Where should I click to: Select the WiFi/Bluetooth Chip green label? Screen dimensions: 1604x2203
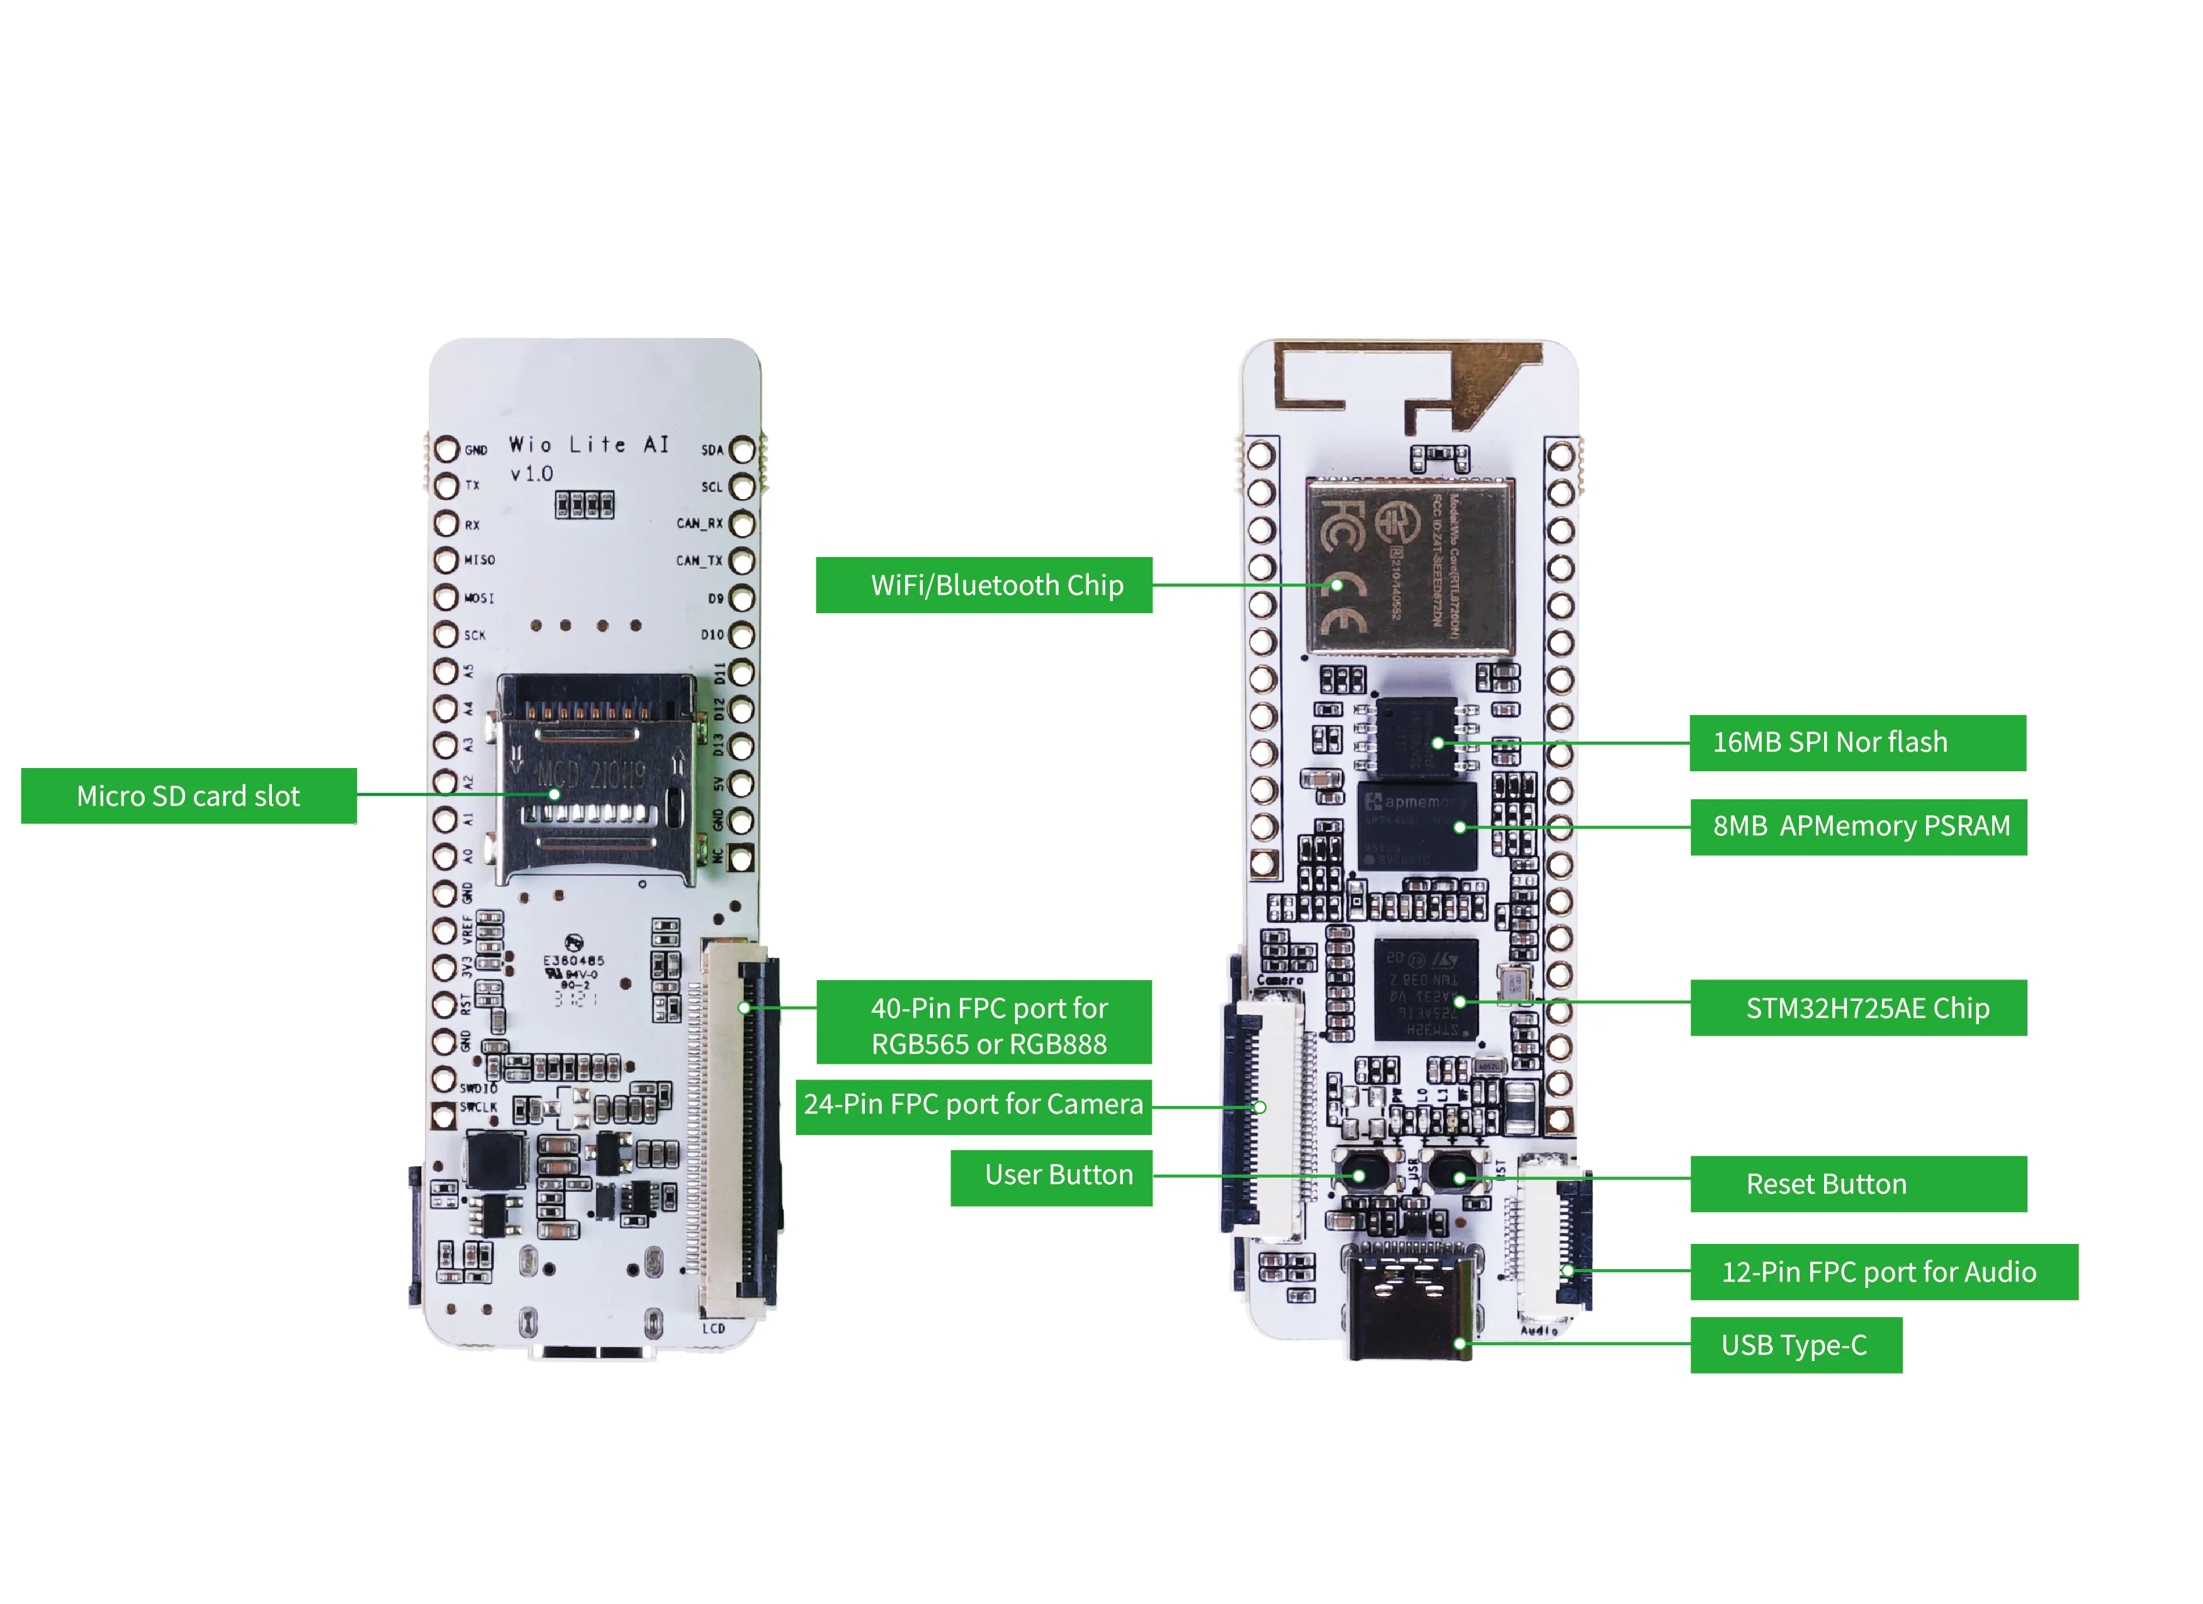click(984, 585)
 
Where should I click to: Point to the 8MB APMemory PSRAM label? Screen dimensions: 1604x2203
click(1858, 827)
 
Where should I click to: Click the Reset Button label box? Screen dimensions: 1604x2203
click(1858, 1184)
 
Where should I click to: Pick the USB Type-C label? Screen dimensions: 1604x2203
click(1795, 1345)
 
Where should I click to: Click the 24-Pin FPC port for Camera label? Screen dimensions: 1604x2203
click(973, 1105)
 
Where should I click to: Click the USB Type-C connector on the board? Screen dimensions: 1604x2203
click(1409, 1302)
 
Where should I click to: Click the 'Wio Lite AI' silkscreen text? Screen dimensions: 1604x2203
click(589, 445)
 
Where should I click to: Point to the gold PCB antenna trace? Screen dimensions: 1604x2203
click(1409, 384)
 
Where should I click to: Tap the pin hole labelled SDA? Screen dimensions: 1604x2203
click(742, 450)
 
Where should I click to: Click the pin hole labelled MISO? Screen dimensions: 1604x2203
click(446, 560)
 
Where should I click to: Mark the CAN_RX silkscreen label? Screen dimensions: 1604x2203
click(699, 524)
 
